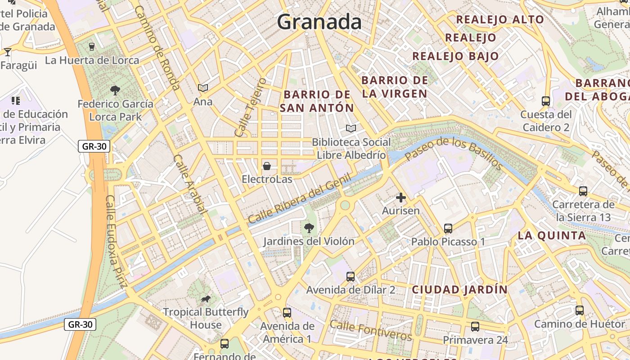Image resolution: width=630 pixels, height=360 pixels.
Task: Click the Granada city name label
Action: (x=319, y=22)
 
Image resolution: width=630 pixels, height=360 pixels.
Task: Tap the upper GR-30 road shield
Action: (x=94, y=146)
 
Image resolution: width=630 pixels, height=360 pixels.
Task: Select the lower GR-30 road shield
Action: (x=80, y=324)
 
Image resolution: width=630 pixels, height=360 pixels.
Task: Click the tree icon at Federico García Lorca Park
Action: (x=115, y=90)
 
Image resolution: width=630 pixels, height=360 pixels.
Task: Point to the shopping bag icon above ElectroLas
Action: (x=267, y=166)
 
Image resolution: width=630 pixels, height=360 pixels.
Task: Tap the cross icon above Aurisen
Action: (x=400, y=198)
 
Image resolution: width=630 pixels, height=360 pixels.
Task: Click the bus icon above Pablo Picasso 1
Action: (x=448, y=229)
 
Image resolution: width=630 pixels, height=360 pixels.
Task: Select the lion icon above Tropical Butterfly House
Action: (x=206, y=299)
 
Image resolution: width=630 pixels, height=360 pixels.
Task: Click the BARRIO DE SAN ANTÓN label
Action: (x=317, y=101)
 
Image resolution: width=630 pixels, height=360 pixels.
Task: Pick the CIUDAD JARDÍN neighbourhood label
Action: (x=459, y=289)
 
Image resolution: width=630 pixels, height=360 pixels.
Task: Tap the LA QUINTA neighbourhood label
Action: (x=551, y=235)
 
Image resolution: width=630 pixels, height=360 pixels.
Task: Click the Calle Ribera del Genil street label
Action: (x=299, y=199)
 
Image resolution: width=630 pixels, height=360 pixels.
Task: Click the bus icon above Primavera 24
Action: (x=475, y=327)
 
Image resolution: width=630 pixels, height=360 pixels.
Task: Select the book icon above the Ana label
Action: (x=203, y=88)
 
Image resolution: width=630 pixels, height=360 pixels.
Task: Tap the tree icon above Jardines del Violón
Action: (x=309, y=228)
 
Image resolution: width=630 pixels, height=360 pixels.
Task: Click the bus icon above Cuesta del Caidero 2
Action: (x=546, y=101)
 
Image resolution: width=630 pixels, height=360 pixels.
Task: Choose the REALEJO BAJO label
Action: (x=455, y=56)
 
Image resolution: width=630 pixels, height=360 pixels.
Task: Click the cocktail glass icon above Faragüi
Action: (x=8, y=52)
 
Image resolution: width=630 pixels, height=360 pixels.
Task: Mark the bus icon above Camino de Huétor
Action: (x=580, y=310)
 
